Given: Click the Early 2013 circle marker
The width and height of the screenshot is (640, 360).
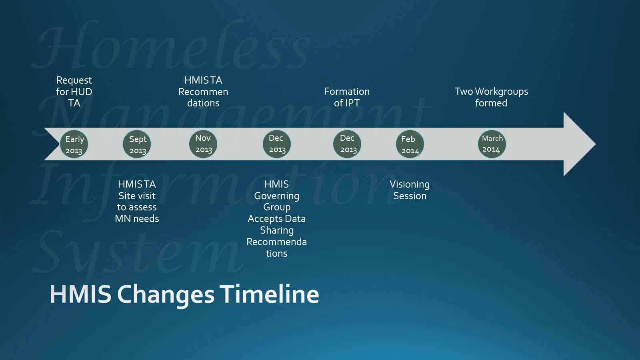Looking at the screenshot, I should click(74, 144).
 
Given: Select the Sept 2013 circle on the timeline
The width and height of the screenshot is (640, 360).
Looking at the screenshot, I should click(137, 144).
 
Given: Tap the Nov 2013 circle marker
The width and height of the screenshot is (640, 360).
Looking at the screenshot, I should click(203, 144).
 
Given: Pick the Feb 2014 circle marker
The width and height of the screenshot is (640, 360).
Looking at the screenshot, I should click(410, 144).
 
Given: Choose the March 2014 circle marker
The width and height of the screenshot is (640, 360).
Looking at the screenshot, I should click(492, 144).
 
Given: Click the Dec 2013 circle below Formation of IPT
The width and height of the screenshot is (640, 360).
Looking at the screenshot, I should click(347, 144).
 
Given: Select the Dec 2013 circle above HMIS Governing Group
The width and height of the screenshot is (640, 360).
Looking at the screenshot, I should click(276, 144).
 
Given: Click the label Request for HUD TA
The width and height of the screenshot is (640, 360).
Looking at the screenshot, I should click(74, 92).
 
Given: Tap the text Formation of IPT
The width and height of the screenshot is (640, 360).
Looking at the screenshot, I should click(347, 97).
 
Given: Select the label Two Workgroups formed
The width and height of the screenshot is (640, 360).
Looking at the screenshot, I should click(491, 97).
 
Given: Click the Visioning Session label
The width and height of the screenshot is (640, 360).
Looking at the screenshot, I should click(410, 190).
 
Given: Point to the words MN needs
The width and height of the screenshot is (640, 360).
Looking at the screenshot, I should click(137, 219).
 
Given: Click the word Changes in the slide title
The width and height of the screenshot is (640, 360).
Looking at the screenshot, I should click(166, 294).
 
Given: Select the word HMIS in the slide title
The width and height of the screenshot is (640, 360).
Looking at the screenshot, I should click(80, 294).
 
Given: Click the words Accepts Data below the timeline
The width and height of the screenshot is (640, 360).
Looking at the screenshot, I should click(276, 219).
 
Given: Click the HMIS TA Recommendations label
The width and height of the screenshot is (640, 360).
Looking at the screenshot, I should click(203, 92).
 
